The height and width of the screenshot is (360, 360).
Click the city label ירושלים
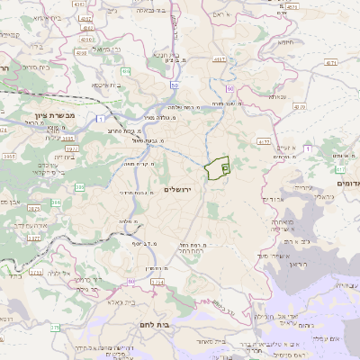(x=180, y=187)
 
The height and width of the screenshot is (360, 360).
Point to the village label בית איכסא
(x=105, y=86)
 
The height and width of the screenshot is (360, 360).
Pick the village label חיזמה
(x=286, y=41)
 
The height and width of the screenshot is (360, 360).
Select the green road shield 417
(x=340, y=168)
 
